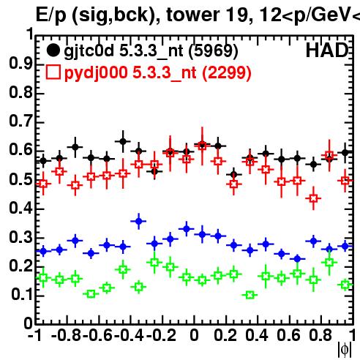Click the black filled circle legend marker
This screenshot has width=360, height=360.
tap(53, 50)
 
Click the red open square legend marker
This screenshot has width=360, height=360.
tap(53, 72)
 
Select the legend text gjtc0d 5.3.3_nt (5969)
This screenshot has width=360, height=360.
tap(151, 51)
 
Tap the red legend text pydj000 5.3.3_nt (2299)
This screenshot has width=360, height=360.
tap(158, 73)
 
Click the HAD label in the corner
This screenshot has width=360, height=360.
tap(327, 50)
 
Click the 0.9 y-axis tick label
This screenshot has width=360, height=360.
tap(20, 64)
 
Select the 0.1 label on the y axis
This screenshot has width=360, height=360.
tap(22, 295)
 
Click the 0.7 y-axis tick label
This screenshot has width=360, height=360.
tap(20, 121)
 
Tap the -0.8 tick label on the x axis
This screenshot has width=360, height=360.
tap(67, 335)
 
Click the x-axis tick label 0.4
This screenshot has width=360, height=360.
tap(257, 335)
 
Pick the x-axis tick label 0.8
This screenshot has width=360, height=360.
tap(320, 335)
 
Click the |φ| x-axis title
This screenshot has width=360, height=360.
tap(345, 350)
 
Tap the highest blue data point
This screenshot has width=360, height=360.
tap(139, 222)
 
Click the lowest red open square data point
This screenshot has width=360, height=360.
tap(313, 198)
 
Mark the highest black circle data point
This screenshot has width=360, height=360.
tap(124, 141)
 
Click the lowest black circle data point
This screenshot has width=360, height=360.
tap(234, 175)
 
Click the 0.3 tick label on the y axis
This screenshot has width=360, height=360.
tap(20, 237)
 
